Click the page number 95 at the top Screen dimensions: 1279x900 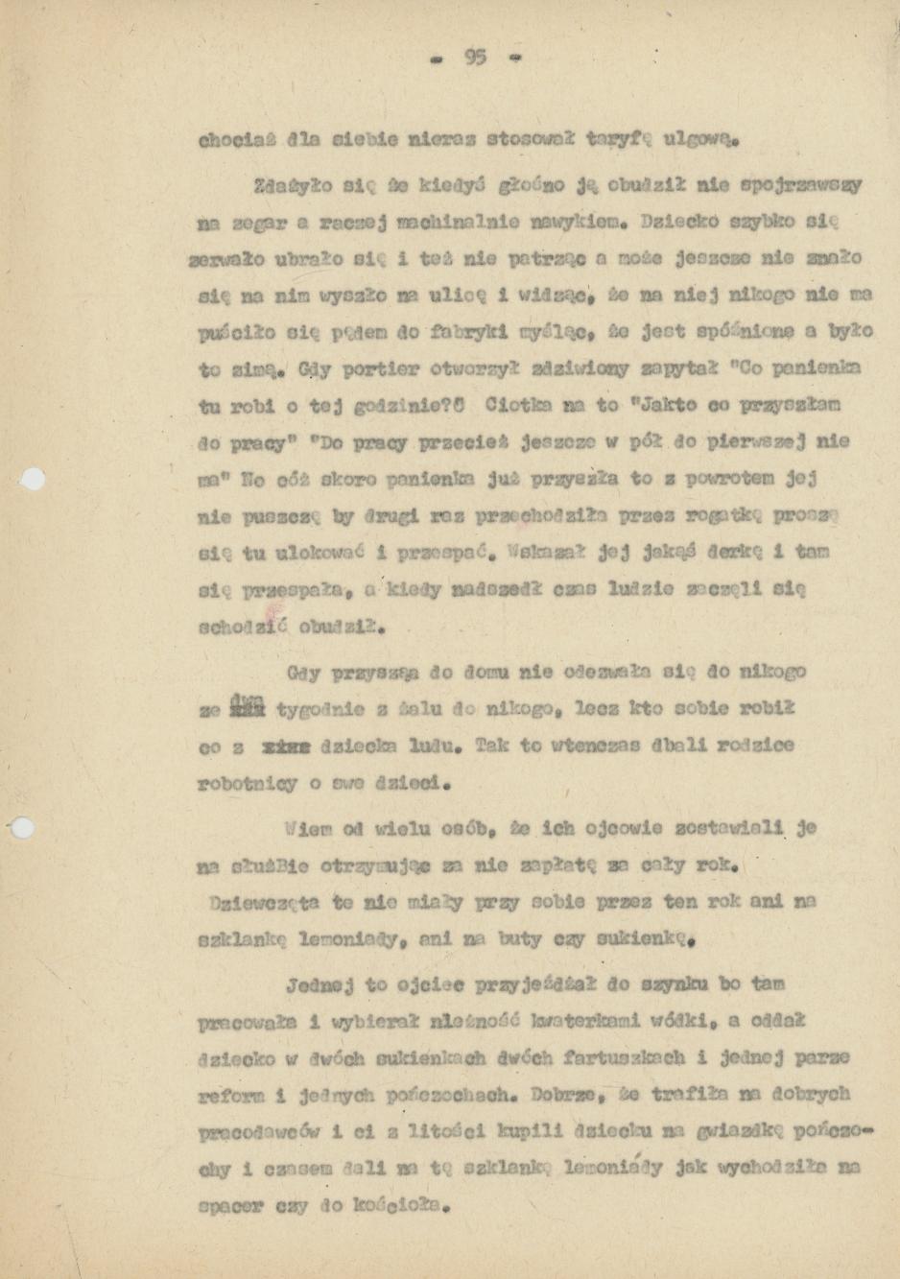point(475,58)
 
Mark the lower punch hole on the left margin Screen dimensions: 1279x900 point(21,827)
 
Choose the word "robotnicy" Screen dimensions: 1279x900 point(248,784)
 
